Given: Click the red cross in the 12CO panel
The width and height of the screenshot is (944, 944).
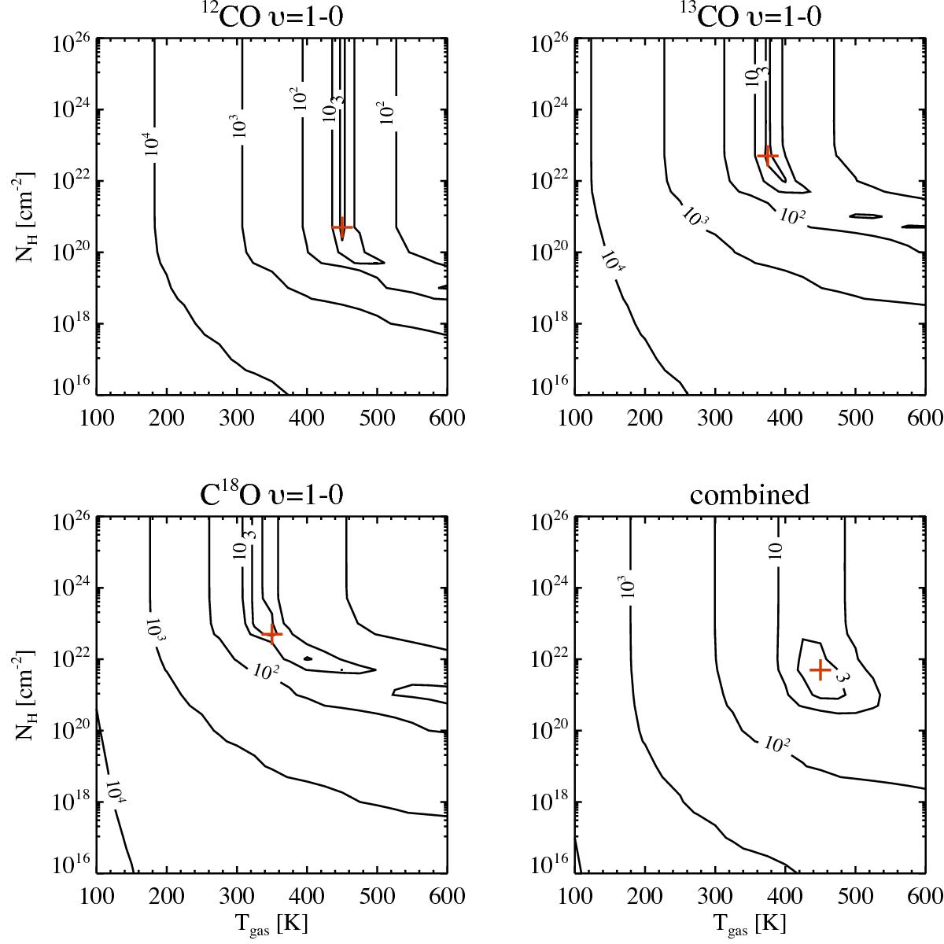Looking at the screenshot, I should click(341, 227).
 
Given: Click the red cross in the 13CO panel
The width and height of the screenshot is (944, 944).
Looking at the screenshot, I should click(767, 156).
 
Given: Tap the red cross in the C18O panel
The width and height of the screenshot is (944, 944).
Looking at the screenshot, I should click(271, 633).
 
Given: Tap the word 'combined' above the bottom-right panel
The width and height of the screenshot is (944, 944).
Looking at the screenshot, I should click(749, 495).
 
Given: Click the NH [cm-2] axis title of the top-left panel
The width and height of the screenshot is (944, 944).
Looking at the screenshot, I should click(24, 216).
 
